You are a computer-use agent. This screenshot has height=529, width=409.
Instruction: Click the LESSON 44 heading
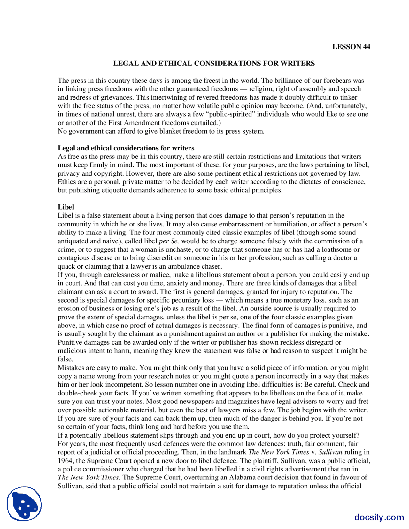pyautogui.click(x=351, y=47)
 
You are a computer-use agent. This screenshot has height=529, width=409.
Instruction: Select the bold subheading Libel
pyautogui.click(x=66, y=207)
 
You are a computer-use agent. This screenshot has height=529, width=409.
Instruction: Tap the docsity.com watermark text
pyautogui.click(x=379, y=517)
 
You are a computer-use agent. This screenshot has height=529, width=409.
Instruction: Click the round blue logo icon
pyautogui.click(x=24, y=504)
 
